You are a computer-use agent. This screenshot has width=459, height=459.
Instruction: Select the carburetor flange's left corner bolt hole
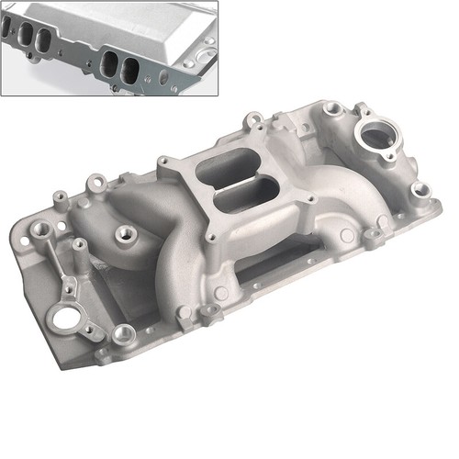(x=166, y=165)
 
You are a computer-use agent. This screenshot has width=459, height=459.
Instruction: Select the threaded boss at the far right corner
(x=420, y=190)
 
